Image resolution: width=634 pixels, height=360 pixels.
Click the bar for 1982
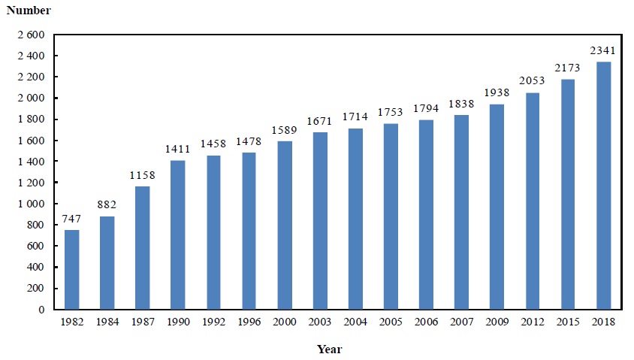coord(71,269)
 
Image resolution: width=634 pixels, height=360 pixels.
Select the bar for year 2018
coord(603,185)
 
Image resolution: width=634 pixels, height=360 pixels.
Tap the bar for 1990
coord(177,234)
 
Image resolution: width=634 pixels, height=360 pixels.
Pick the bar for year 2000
coord(284,225)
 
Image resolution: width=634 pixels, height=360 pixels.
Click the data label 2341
coord(603,51)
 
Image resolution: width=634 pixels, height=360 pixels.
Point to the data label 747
coord(71,219)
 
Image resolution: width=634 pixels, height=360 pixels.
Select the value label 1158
coord(142,176)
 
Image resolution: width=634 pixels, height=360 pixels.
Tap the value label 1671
coord(320,122)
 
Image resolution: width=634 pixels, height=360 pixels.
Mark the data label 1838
coord(461,104)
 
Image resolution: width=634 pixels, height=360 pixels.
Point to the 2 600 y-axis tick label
coord(30,35)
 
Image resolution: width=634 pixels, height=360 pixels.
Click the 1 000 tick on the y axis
coord(30,204)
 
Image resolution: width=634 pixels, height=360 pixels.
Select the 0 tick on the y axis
coord(42,310)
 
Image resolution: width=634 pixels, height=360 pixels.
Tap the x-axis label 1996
coord(249,322)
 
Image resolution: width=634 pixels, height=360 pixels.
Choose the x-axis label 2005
coord(391,322)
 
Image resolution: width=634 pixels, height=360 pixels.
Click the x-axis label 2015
coord(568,322)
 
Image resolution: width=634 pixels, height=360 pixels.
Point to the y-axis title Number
coord(29,11)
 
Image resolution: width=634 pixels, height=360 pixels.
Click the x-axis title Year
coord(328,349)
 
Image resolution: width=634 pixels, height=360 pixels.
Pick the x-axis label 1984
coord(107,322)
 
